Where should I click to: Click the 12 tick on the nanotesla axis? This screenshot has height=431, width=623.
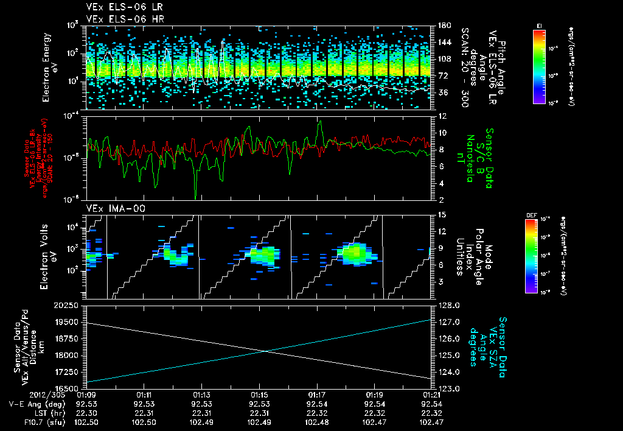[x=440, y=116]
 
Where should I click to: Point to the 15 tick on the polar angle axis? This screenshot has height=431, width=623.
[x=440, y=214]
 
